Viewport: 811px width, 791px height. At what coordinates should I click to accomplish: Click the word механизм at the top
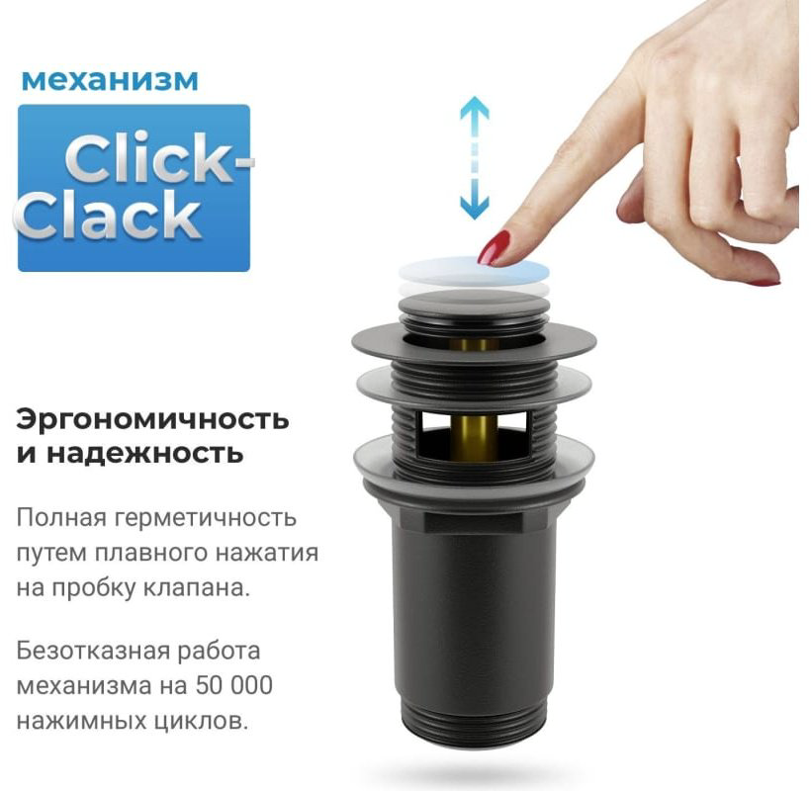(x=110, y=80)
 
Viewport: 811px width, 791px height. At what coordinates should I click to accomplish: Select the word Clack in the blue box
(x=107, y=216)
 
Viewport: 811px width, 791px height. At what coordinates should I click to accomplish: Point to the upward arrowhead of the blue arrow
(x=475, y=109)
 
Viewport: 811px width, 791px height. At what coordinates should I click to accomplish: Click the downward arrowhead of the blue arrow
(x=475, y=207)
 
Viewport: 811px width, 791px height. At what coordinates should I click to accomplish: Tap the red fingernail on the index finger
(x=494, y=247)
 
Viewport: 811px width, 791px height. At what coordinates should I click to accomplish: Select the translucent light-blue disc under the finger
(x=474, y=272)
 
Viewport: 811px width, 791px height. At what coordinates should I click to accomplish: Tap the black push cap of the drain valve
(x=474, y=304)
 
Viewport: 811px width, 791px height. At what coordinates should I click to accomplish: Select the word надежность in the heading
(x=144, y=454)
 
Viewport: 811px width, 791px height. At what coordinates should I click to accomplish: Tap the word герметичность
(x=206, y=518)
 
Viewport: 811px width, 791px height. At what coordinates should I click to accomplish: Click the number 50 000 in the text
(x=234, y=685)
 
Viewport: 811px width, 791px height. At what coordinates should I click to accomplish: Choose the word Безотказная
(x=93, y=652)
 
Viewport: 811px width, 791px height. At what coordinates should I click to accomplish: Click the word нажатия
(x=266, y=553)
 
